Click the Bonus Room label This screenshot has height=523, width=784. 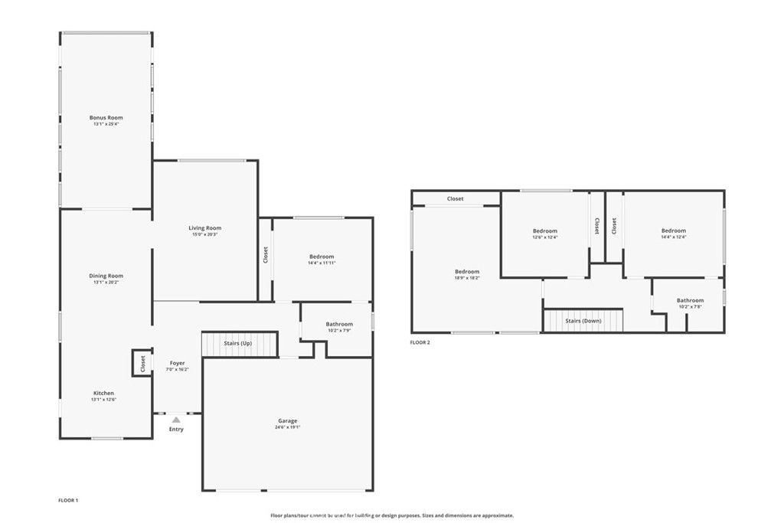click(x=106, y=118)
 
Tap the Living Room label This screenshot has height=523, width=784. click(x=205, y=228)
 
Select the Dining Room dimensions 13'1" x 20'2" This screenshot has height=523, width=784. click(x=106, y=283)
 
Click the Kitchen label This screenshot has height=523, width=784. click(x=103, y=394)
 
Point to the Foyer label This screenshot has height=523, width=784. click(x=177, y=363)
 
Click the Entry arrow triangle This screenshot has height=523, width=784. click(x=176, y=420)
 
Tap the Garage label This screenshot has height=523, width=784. click(x=288, y=420)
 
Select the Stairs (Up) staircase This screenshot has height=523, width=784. click(x=237, y=344)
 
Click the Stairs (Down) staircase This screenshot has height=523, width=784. click(x=583, y=320)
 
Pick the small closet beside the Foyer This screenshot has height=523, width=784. click(x=142, y=364)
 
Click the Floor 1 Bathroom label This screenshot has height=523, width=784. click(x=339, y=325)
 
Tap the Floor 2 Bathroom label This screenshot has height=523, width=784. click(x=690, y=300)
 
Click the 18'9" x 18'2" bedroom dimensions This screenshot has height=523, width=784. click(x=467, y=278)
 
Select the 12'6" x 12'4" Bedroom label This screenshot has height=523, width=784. click(x=545, y=230)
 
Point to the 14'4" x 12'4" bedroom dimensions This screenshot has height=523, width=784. click(x=674, y=237)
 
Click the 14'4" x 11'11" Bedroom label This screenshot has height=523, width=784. click(x=322, y=257)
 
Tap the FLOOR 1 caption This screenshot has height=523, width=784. click(x=68, y=501)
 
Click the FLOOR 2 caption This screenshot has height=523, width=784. click(x=420, y=342)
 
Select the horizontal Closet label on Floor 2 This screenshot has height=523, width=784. click(x=456, y=199)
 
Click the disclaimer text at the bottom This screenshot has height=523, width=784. click(x=392, y=515)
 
